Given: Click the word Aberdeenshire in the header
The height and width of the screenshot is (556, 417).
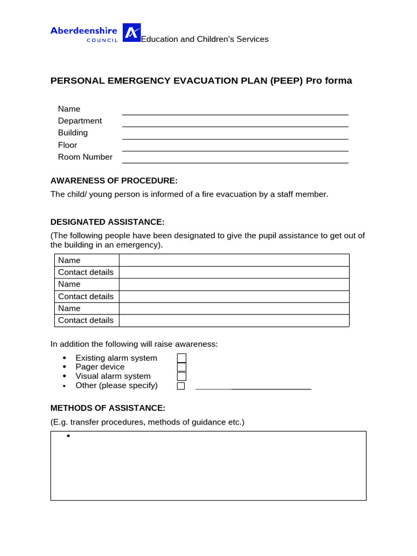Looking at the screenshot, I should click(84, 30).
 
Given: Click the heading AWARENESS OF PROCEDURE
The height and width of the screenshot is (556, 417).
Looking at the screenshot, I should click(114, 180).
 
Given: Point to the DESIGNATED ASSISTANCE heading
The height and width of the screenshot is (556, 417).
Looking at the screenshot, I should click(107, 222).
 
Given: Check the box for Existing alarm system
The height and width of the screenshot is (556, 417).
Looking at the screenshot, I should click(181, 358).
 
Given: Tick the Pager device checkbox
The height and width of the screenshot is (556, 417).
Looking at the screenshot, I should click(181, 367).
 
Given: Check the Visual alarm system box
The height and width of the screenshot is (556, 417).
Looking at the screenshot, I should click(181, 376).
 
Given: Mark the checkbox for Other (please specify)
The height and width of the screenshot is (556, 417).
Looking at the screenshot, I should click(181, 386).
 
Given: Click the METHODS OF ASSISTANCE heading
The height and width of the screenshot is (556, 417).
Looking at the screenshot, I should click(108, 408).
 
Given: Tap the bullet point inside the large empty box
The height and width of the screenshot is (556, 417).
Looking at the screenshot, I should click(69, 437).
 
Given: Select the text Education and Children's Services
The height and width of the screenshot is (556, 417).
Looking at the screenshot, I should click(205, 39).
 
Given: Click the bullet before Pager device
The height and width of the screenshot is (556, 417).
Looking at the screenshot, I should click(64, 367).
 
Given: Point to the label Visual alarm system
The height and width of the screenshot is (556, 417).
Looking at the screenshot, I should click(113, 376).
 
